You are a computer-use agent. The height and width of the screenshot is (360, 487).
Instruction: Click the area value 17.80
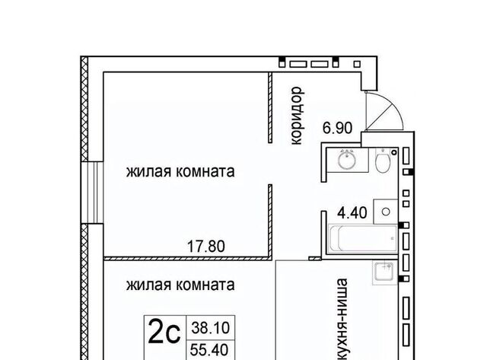[206, 247]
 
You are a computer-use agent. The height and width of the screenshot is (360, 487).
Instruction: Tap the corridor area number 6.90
[337, 128]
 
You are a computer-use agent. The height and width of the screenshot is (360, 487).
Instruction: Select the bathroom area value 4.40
[352, 213]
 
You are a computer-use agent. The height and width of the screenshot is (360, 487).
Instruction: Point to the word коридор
[296, 116]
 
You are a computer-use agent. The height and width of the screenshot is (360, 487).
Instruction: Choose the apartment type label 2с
[164, 332]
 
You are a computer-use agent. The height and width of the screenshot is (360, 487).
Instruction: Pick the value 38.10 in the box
[210, 328]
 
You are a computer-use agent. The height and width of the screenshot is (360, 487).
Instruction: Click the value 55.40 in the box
[209, 350]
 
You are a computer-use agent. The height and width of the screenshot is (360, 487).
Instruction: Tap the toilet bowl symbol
[382, 161]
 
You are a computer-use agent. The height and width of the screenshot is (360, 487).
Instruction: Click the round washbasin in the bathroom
[347, 159]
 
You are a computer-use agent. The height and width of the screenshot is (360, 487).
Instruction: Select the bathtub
[363, 238]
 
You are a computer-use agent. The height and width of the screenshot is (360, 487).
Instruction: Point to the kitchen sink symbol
[385, 272]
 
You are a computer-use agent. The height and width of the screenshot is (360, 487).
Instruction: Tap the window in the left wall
[92, 193]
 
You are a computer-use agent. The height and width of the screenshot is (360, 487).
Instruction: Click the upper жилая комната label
[180, 172]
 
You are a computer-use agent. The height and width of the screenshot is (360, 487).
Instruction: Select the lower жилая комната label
[180, 285]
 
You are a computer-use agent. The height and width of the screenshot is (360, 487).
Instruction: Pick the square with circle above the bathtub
[386, 212]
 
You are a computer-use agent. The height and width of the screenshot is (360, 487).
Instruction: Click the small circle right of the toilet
[394, 152]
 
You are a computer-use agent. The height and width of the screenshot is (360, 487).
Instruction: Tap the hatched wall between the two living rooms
[186, 258]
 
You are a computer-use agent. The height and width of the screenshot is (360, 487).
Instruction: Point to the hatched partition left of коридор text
[270, 107]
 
